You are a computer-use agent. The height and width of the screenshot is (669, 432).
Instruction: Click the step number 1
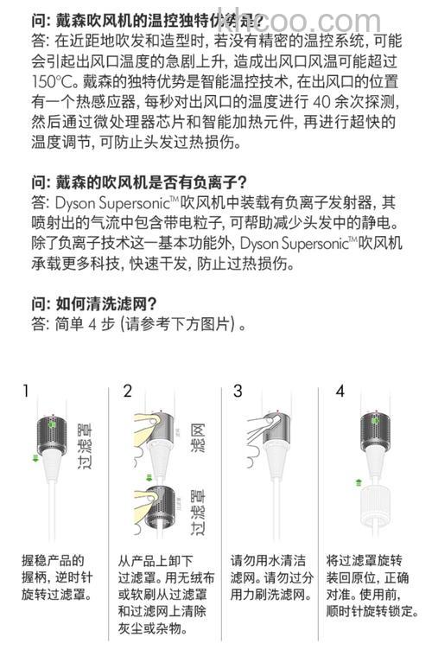point(26,392)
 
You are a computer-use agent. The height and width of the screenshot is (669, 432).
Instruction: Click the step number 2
point(128,392)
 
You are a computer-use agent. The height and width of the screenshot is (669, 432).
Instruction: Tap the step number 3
point(238,392)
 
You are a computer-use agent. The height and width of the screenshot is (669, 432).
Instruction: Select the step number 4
point(340,392)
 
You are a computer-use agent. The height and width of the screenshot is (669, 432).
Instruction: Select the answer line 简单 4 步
point(138,326)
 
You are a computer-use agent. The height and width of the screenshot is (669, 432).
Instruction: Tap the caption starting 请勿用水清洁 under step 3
point(270,577)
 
